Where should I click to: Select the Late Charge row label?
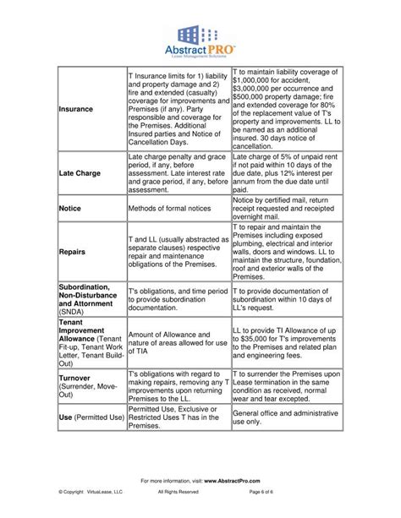[80, 173]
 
